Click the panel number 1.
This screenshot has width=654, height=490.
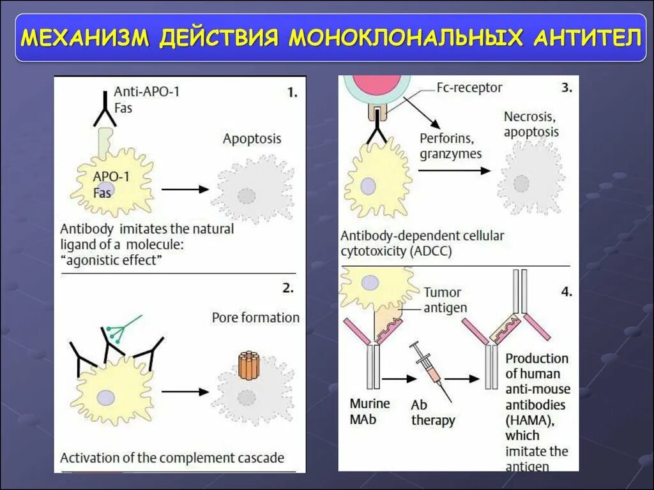292,93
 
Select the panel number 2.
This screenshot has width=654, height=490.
288,288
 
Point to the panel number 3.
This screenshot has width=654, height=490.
567,89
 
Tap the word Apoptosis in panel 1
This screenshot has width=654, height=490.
252,138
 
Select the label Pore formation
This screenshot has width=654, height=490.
255,317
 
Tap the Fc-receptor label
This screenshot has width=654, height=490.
470,87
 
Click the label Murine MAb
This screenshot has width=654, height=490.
369,412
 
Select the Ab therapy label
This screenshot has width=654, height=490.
432,413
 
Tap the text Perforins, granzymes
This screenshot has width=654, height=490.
450,145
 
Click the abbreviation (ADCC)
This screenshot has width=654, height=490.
430,251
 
